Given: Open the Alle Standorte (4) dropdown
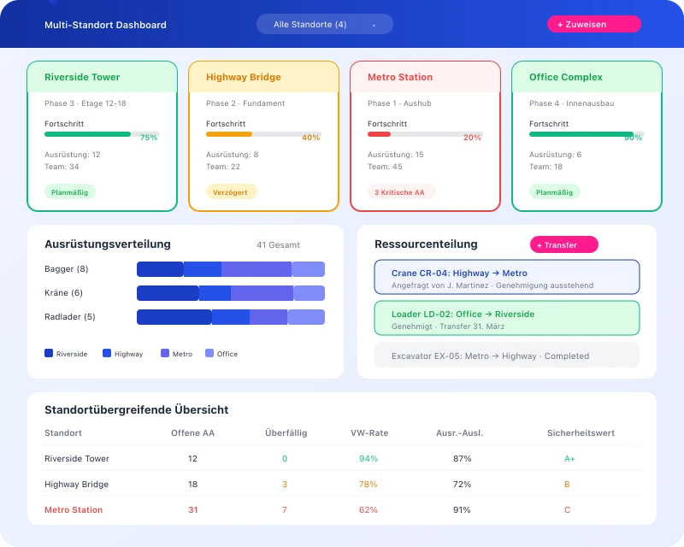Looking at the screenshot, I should click(x=325, y=24).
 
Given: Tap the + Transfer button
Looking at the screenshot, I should click(x=563, y=245).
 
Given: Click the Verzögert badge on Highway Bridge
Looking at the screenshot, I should click(x=231, y=192).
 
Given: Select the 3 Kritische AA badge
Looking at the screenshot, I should click(x=400, y=192).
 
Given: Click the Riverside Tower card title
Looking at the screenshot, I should click(x=82, y=77).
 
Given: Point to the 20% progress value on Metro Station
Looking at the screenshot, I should click(x=472, y=138).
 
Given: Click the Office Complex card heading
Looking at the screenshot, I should click(x=566, y=77).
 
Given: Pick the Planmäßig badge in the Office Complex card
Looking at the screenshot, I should click(x=554, y=192).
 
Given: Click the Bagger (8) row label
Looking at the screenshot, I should click(x=67, y=269).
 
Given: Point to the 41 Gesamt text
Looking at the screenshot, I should click(x=278, y=245).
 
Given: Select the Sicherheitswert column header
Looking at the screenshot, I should click(x=581, y=433).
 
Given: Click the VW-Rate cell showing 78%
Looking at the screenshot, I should click(x=369, y=485).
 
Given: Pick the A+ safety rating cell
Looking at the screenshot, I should click(x=569, y=459).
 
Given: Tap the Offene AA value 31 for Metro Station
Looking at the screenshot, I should click(x=192, y=510).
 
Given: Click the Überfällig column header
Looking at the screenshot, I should click(x=286, y=433).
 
